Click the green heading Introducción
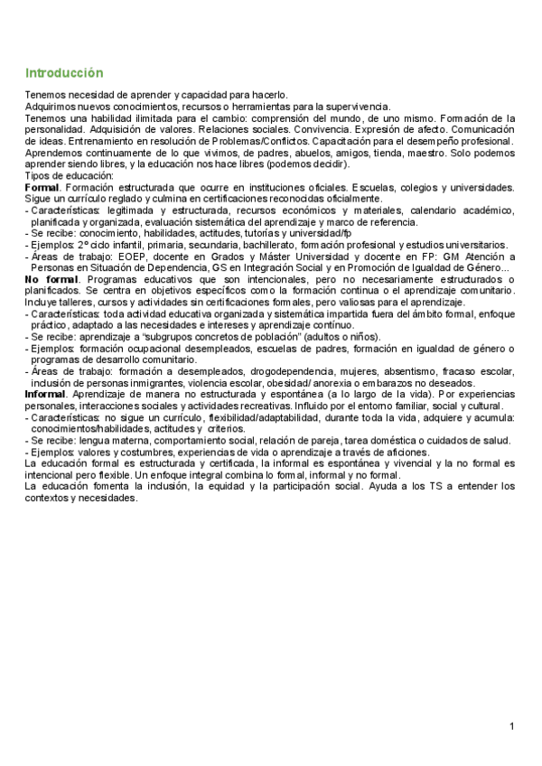[x=64, y=72]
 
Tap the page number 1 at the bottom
[x=511, y=726]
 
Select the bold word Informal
[x=45, y=395]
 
